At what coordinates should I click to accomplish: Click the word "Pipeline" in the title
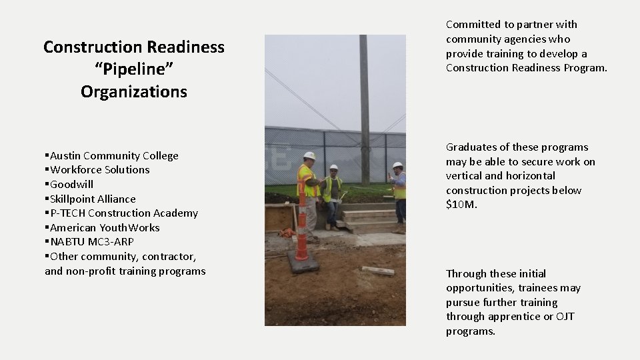click(x=133, y=69)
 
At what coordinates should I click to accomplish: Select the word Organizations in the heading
click(x=133, y=91)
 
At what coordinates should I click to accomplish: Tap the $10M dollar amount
click(x=461, y=205)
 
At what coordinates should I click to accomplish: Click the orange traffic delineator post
click(x=302, y=220)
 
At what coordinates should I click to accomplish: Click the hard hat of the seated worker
click(x=333, y=167)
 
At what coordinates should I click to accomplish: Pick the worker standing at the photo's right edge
click(x=399, y=190)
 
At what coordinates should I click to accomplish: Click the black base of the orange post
click(x=303, y=265)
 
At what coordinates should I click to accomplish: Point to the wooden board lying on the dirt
click(x=378, y=271)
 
